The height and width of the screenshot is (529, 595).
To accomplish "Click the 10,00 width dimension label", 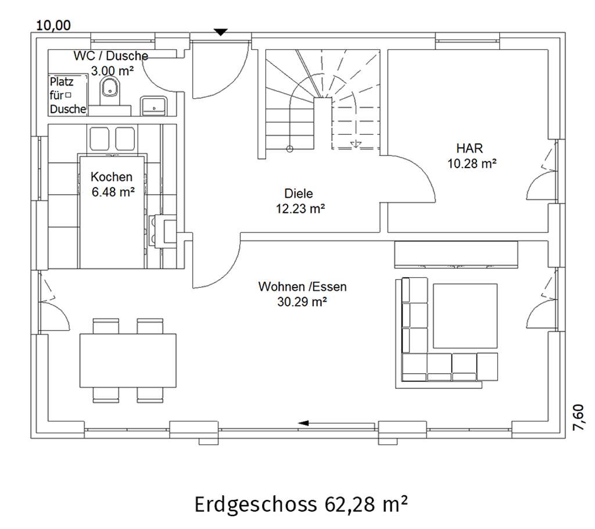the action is [x=53, y=26].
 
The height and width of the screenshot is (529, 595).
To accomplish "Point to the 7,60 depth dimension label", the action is [x=578, y=417].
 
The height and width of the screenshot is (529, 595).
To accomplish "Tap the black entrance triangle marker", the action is [x=220, y=33].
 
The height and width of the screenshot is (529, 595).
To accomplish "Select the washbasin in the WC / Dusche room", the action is [x=153, y=106].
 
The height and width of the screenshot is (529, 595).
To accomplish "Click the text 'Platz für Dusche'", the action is [x=68, y=95].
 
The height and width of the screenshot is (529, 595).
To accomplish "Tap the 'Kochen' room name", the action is [x=112, y=177].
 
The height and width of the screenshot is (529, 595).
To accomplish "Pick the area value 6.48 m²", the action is [x=113, y=192].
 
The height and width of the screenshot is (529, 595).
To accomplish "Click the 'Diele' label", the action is [x=299, y=194].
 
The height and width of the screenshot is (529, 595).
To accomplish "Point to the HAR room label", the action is [x=469, y=148].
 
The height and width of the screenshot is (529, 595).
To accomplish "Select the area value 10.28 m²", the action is [x=472, y=163].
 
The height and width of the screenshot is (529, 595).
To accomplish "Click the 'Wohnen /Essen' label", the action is [x=302, y=287].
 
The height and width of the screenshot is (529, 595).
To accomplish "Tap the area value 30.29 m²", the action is [x=302, y=302].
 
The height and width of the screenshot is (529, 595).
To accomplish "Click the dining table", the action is [x=128, y=360].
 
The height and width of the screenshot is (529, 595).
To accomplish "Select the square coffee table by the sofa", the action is [x=465, y=316].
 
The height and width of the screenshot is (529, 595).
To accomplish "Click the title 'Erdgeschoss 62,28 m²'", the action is [x=301, y=505].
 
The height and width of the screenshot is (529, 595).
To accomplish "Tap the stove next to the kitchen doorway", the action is [x=163, y=231].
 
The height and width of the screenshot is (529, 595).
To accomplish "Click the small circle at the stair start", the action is [x=289, y=149].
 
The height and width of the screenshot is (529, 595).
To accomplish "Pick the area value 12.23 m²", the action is [x=300, y=209].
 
